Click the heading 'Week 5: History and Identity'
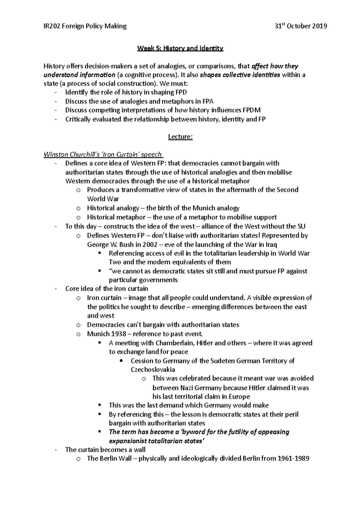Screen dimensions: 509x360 (x=180, y=48)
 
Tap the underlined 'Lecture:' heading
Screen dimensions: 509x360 (x=180, y=137)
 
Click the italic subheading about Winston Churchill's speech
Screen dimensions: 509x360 (x=103, y=155)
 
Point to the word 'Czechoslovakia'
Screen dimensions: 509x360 (x=153, y=370)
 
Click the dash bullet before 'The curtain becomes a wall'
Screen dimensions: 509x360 (x=56, y=450)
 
